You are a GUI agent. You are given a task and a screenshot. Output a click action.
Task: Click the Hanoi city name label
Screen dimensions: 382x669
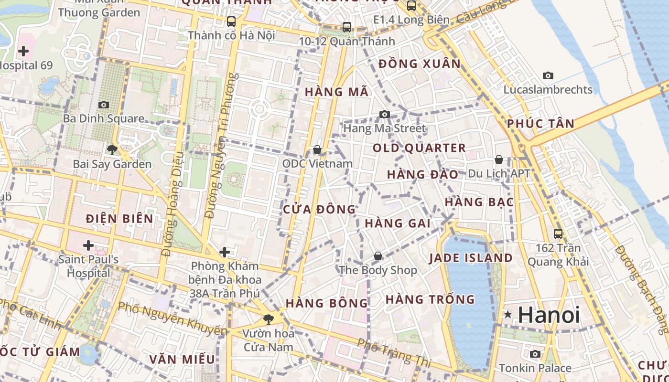(x=549, y=315)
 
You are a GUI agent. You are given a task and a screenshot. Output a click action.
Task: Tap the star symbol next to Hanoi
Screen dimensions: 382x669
(x=508, y=315)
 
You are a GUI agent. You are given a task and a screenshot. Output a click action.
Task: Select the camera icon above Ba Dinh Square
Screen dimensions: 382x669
(x=104, y=105)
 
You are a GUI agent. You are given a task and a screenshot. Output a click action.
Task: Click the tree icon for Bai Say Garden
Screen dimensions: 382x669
(x=112, y=150)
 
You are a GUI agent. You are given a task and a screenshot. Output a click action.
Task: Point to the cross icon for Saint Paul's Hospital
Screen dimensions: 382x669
(x=88, y=245)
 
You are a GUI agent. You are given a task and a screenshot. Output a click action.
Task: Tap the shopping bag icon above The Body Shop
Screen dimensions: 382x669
(x=378, y=256)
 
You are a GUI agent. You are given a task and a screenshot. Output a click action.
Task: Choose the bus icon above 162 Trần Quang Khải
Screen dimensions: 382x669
(x=558, y=233)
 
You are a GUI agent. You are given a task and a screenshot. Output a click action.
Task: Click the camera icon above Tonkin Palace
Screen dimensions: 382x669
(x=535, y=354)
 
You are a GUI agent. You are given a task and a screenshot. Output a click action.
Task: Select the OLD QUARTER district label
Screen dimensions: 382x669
(x=419, y=148)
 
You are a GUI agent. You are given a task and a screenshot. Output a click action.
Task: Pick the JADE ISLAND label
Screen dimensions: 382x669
(x=471, y=258)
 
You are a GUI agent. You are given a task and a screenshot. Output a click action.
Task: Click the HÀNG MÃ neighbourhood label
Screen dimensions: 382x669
(x=337, y=92)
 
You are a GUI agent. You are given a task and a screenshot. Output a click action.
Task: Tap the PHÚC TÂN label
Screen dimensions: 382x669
(x=540, y=124)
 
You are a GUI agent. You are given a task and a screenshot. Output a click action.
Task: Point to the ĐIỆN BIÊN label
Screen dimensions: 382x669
(x=119, y=219)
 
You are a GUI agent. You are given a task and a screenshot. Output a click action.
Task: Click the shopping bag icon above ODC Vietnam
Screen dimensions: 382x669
(x=317, y=150)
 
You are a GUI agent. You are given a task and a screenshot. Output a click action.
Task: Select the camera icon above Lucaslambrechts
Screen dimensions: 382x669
(x=548, y=75)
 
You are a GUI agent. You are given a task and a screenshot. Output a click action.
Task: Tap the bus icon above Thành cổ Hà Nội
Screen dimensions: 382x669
(x=231, y=21)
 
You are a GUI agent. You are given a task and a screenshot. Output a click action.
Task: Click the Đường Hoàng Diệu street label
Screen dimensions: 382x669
(x=173, y=204)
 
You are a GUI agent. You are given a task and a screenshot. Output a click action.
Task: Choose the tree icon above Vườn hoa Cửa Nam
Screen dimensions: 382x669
(x=269, y=319)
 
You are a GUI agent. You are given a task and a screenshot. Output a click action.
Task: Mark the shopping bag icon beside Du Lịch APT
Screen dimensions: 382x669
(x=499, y=159)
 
